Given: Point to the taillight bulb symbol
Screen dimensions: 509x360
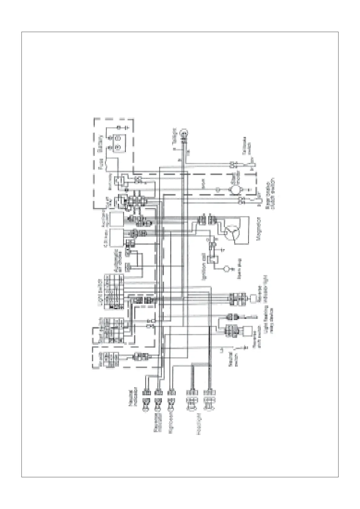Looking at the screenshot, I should (183, 132).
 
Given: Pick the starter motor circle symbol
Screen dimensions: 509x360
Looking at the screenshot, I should (235, 190).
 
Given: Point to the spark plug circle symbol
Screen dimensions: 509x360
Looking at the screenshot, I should (226, 268).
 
